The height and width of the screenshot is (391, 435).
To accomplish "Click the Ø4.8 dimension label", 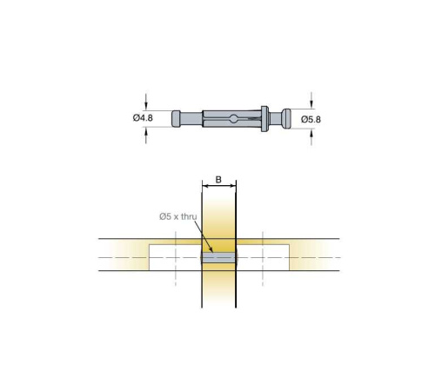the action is point(143,118).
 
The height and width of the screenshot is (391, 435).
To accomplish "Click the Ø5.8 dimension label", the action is point(311,119).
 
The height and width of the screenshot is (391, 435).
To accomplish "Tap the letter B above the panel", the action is point(218,180).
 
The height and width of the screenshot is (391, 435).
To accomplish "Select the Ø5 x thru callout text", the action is point(178,216).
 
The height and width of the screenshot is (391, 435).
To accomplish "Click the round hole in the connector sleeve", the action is point(234,118).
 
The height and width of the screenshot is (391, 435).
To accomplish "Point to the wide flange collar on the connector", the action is point(264,119).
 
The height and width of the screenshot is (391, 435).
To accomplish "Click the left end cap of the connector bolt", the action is point(176,118).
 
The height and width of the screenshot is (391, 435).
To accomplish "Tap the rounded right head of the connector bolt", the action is point(286,118).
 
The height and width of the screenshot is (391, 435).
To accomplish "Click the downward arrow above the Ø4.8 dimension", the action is point(146,102).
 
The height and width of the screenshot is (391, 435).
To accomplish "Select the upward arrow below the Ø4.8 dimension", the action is point(146,136).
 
